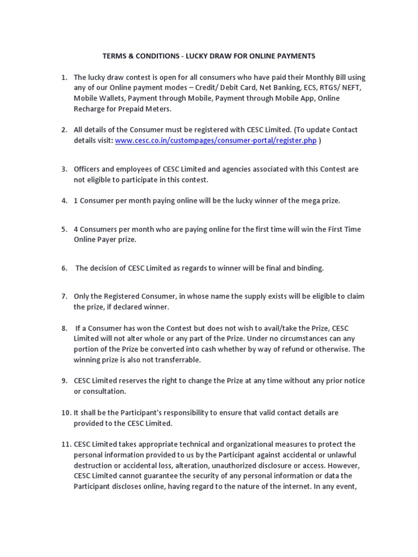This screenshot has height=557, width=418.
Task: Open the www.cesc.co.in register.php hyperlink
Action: point(216,140)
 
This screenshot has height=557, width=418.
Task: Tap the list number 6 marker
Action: point(64,268)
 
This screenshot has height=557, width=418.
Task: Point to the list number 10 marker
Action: point(65,413)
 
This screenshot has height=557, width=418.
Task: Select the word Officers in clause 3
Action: point(88,169)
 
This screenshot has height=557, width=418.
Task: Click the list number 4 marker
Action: point(64,201)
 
